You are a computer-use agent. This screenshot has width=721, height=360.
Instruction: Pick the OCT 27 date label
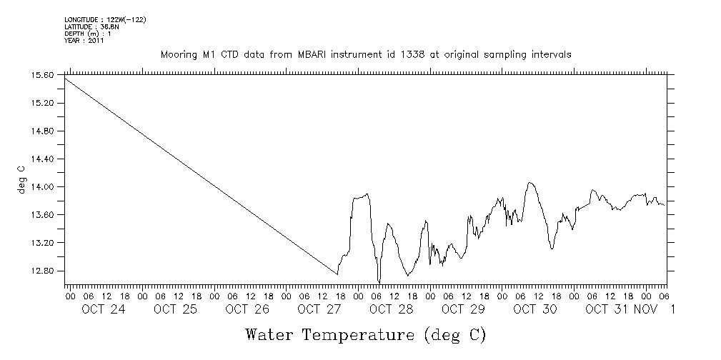(319, 309)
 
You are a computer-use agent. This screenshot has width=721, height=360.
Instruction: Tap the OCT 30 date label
(535, 309)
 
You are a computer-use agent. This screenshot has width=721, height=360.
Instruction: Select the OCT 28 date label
(392, 309)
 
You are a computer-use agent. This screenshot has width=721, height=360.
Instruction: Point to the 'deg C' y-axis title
(20, 179)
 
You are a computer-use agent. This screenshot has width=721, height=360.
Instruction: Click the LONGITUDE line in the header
(105, 20)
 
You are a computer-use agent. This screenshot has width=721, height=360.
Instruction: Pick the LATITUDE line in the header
(89, 26)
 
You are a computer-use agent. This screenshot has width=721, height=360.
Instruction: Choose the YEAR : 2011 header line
(84, 41)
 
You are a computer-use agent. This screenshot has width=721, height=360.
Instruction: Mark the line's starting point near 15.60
(65, 77)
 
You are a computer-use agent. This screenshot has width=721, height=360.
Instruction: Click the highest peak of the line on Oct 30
(529, 183)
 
